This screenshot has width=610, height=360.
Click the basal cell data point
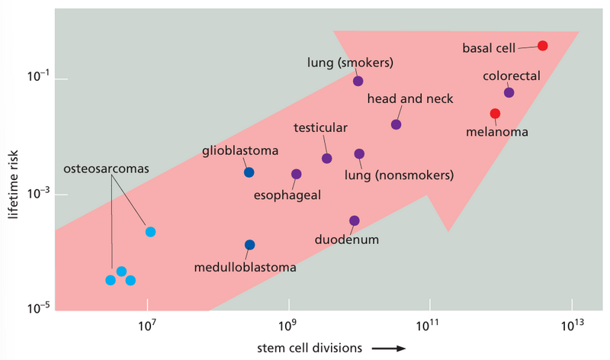point(542,46)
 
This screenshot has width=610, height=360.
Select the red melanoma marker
point(495,114)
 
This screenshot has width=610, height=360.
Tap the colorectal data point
point(509,93)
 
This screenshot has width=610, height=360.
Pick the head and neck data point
point(396,124)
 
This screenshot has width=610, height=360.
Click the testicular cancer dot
point(326,159)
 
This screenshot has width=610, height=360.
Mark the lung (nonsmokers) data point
point(359,154)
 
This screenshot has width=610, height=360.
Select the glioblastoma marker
point(249,172)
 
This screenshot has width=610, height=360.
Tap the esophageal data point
point(297,174)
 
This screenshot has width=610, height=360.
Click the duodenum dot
point(354,220)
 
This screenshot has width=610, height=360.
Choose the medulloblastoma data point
point(249,245)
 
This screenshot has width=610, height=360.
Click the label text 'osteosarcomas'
point(106,169)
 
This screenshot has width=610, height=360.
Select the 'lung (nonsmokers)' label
point(399,175)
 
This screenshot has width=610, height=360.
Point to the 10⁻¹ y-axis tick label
point(35,79)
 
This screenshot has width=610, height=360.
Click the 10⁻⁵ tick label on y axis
point(35,307)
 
